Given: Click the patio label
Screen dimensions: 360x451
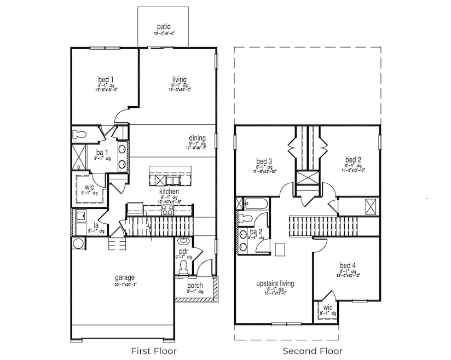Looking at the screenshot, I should [164, 26].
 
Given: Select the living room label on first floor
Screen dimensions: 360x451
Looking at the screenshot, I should [179, 79].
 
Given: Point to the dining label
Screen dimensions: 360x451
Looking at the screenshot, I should [197, 138].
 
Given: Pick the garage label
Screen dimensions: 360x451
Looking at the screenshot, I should [124, 277].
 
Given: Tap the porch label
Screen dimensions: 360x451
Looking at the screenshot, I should [195, 285].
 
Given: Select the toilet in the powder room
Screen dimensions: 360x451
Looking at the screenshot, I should [184, 266].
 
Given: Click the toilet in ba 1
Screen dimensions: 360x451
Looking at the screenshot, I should [80, 133].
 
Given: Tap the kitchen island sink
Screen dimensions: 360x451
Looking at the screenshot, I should [172, 180].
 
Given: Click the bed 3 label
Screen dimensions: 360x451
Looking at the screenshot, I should [264, 161].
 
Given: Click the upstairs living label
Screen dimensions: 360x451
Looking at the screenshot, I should [275, 283].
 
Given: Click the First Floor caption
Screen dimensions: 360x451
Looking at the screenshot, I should [153, 351].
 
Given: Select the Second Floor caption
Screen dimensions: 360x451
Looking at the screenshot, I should [313, 351].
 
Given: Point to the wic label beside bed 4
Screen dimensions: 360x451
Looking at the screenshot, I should [328, 307].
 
